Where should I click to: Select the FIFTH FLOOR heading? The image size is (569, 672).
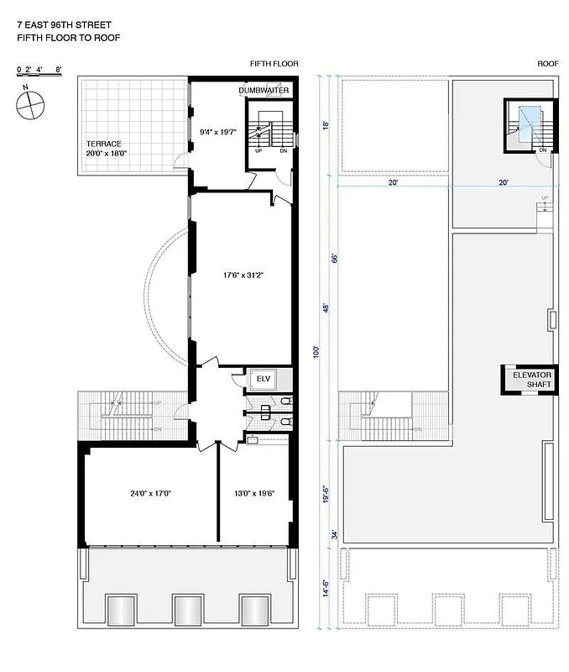tap(274, 65)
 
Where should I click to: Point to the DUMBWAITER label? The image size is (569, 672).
tap(264, 90)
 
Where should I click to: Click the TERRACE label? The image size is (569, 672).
tap(103, 144)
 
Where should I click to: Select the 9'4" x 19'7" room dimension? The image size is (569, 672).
tap(218, 131)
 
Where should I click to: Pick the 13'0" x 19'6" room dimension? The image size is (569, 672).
tap(254, 493)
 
